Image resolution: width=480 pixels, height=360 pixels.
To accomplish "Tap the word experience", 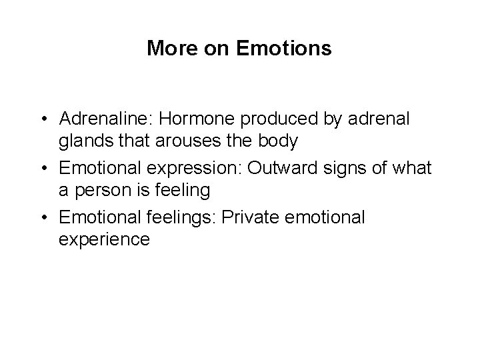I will (104, 239).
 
